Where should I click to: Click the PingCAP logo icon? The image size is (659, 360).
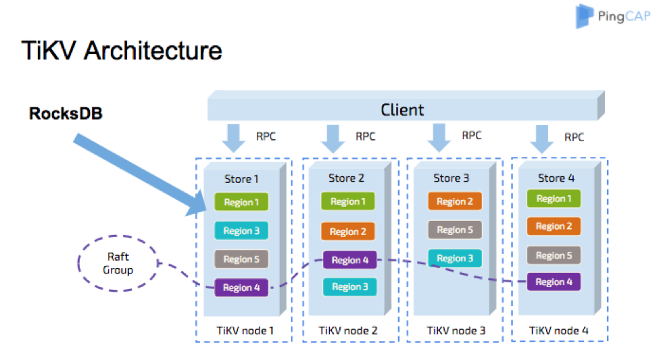coord(585,16)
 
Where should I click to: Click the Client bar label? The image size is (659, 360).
coord(402,109)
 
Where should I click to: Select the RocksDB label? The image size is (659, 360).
coord(66,113)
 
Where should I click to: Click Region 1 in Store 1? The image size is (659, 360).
coord(241,202)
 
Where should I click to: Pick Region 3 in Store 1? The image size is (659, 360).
coord(241,230)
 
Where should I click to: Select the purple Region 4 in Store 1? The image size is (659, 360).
coord(241,288)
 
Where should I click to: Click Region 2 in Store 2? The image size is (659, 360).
coord(347,232)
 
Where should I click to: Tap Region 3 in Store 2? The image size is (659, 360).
coord(349,287)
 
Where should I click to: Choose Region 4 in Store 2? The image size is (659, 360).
coord(349,260)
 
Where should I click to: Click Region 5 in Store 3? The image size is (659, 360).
coord(455,230)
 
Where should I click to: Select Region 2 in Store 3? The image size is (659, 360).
coord(455,201)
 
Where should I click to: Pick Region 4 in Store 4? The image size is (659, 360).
coord(554,282)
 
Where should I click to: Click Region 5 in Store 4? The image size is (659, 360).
coord(554,255)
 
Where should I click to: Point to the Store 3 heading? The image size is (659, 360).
coord(451,178)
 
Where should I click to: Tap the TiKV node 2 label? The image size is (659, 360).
coord(348,330)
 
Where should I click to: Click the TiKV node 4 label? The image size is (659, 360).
coord(558,330)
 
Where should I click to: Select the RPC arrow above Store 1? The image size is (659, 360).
coord(233,138)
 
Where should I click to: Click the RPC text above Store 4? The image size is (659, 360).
coord(574,137)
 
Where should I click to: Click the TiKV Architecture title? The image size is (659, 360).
coord(122,51)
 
